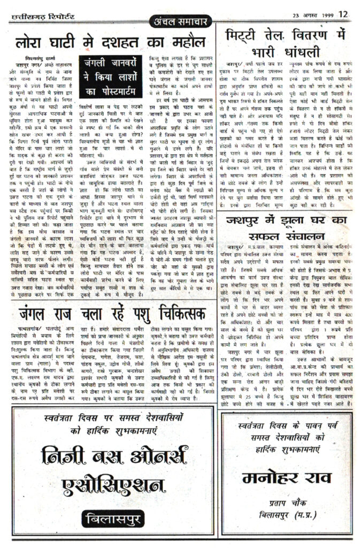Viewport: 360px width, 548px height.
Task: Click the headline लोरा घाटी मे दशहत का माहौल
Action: (110, 41)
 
